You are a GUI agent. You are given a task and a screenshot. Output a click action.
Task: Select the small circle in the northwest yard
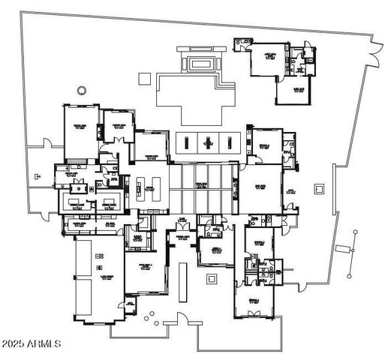coord(80,91)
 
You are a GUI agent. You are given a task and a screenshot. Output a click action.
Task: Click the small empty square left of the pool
coord(143,76)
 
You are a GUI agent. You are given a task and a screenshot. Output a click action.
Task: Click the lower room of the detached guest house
coord(290,93)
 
